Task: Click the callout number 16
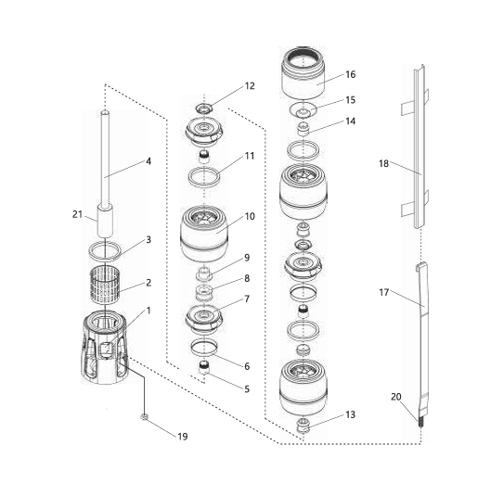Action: click(350, 75)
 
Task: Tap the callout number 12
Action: click(250, 86)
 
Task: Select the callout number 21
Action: click(77, 214)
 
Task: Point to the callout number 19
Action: click(183, 437)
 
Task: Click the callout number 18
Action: click(383, 163)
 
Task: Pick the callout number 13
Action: click(350, 414)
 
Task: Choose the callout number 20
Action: click(396, 397)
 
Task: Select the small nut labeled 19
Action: click(144, 417)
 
